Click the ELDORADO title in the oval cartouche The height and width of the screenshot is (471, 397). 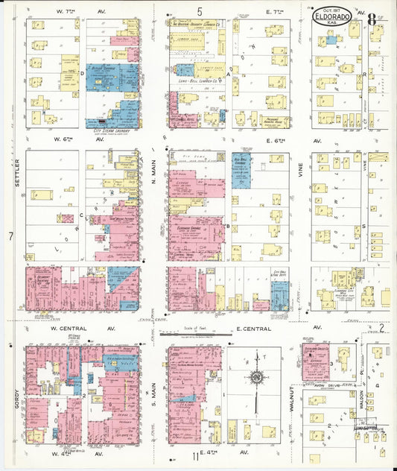pos(341,14)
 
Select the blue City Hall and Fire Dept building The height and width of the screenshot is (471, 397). pos(280,295)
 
